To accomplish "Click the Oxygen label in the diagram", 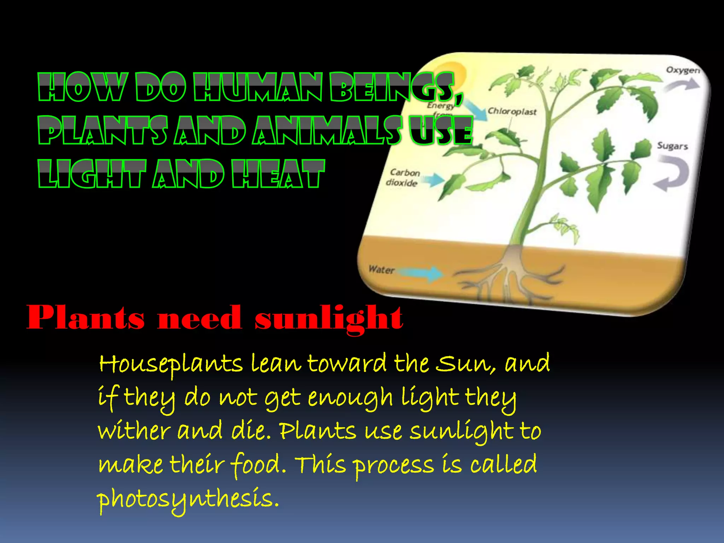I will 683,70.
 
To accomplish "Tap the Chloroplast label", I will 512,111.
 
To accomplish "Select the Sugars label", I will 672,146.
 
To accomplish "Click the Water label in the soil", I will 381,270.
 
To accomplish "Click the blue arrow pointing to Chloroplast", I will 475,110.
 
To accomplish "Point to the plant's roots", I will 509,276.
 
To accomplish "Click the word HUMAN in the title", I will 258,87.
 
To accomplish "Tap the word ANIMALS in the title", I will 327,131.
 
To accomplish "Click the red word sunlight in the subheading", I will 328,318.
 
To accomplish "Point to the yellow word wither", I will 134,431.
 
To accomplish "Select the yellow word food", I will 258,465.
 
